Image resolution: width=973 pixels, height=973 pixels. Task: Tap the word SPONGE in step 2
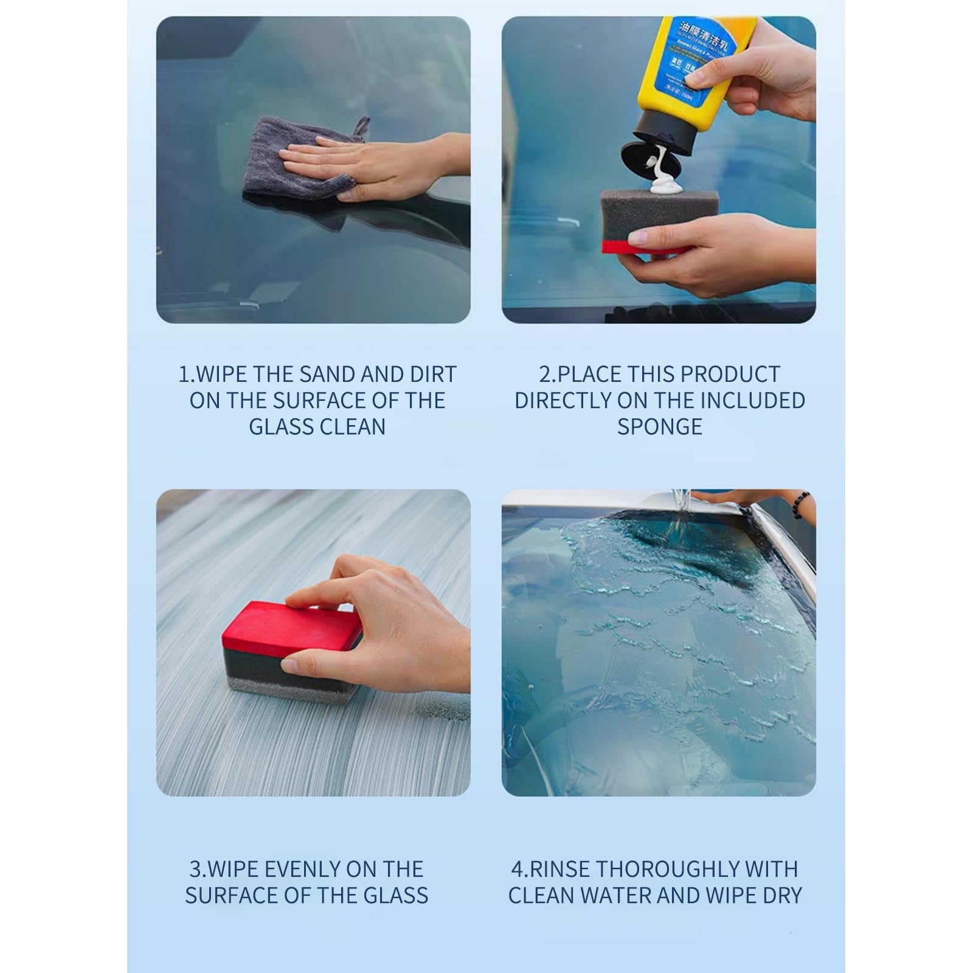tap(659, 427)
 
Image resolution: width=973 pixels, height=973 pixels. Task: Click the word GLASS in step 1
tap(281, 427)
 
